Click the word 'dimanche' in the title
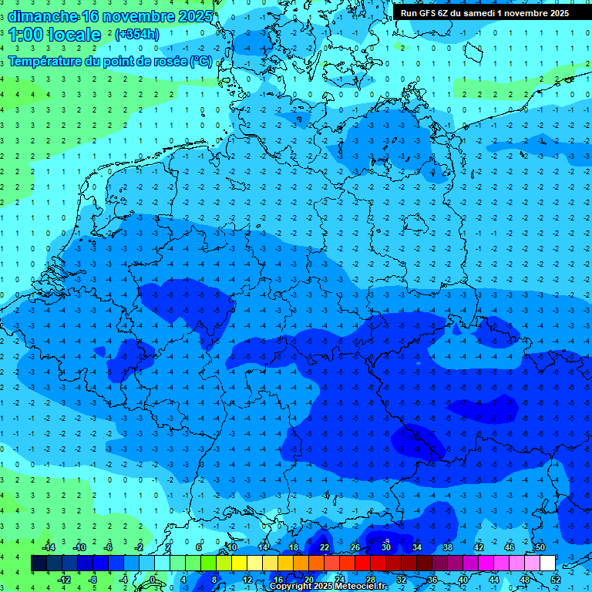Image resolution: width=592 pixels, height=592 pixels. point(43,16)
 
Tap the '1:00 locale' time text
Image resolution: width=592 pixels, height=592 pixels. point(55,35)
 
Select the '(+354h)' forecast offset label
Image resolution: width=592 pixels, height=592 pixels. point(137,35)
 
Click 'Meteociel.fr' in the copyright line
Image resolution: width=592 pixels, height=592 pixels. point(356,587)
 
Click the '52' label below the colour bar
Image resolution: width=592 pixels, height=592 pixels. point(556,579)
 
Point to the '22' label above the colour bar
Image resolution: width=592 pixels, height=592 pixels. point(325,548)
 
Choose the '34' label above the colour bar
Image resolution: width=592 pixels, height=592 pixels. point(417,548)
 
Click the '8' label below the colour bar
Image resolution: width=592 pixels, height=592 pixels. point(214,579)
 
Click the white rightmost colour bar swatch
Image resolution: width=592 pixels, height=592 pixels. point(548,563)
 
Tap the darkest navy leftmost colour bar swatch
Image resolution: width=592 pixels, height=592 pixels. point(39,563)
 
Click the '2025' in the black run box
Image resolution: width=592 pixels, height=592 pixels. point(555,12)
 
